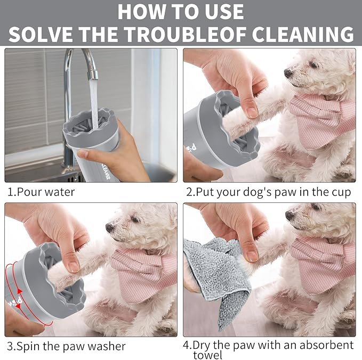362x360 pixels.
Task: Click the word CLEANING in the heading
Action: [x=303, y=34]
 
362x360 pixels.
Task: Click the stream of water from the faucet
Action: [x=94, y=104]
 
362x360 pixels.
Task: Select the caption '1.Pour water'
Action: [x=41, y=192]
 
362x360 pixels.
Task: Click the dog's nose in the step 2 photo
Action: [x=288, y=73]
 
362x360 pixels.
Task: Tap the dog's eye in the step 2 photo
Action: [x=314, y=65]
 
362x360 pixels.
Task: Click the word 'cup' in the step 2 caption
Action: [x=341, y=193]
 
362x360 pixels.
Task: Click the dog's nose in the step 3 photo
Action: [x=110, y=227]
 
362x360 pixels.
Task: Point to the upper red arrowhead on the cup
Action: [x=20, y=291]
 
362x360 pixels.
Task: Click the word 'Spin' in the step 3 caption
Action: [x=29, y=346]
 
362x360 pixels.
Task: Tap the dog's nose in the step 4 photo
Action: [x=289, y=215]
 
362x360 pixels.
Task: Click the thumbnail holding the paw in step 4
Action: [x=252, y=255]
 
